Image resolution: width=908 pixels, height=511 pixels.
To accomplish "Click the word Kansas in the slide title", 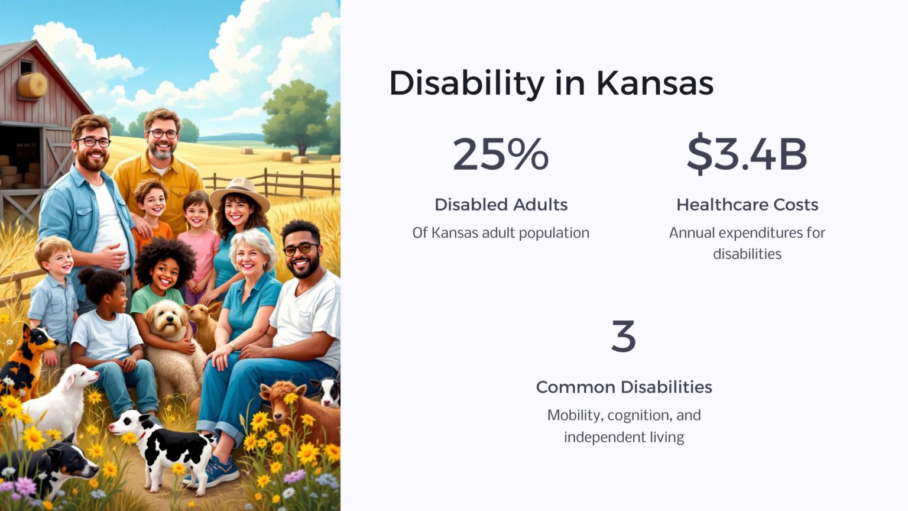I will pyautogui.click(x=654, y=83).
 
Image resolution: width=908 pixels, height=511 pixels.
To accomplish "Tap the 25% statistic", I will pyautogui.click(x=501, y=154).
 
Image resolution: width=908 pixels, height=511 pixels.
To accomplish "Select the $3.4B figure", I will pyautogui.click(x=747, y=154).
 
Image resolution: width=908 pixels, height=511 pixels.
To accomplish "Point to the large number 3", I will pyautogui.click(x=624, y=336).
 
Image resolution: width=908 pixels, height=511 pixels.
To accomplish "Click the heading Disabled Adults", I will pyautogui.click(x=501, y=205).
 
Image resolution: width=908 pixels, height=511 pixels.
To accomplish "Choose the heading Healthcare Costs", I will pyautogui.click(x=747, y=205).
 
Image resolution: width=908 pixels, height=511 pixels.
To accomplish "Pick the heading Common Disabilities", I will pyautogui.click(x=624, y=387).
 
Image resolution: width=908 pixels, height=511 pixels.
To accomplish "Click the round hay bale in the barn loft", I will pyautogui.click(x=33, y=86).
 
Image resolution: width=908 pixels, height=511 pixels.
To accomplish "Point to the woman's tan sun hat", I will pyautogui.click(x=239, y=192).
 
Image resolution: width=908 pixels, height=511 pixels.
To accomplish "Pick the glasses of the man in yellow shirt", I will pyautogui.click(x=162, y=134).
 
